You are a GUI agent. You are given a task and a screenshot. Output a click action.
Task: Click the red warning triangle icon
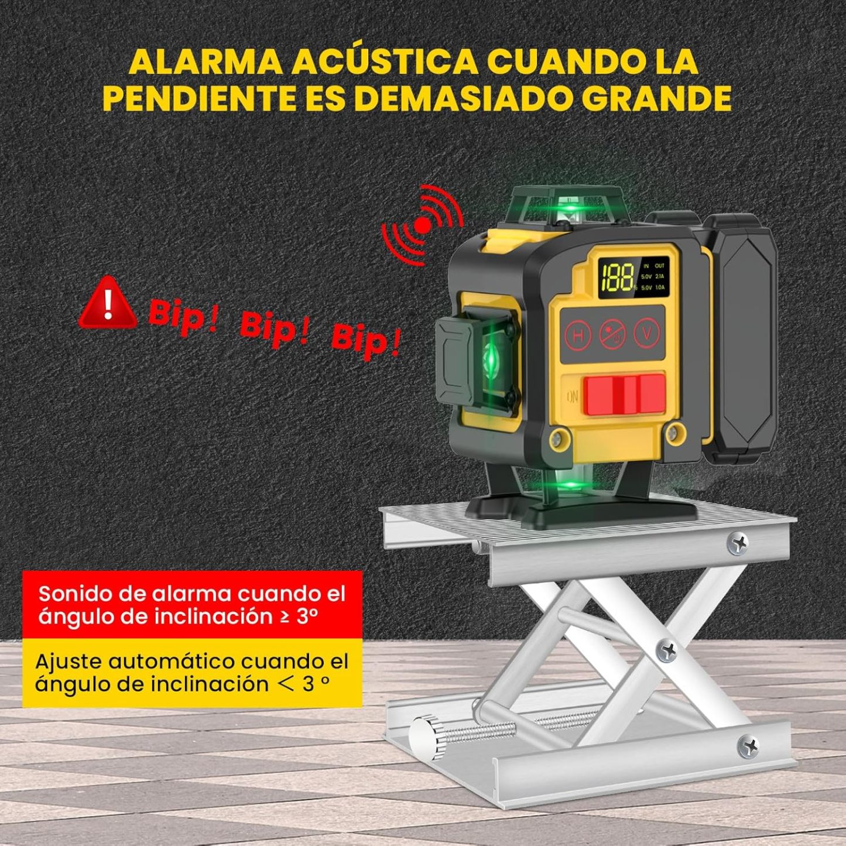click(108, 303)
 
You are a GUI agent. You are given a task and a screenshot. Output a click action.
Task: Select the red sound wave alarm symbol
click(422, 224)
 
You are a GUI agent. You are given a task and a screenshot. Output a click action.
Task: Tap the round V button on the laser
click(647, 333)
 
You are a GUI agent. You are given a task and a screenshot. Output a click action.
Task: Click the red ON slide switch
click(624, 395)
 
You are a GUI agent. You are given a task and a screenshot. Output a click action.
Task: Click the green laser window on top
click(566, 210)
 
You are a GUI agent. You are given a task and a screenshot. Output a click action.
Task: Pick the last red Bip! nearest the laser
click(366, 343)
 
